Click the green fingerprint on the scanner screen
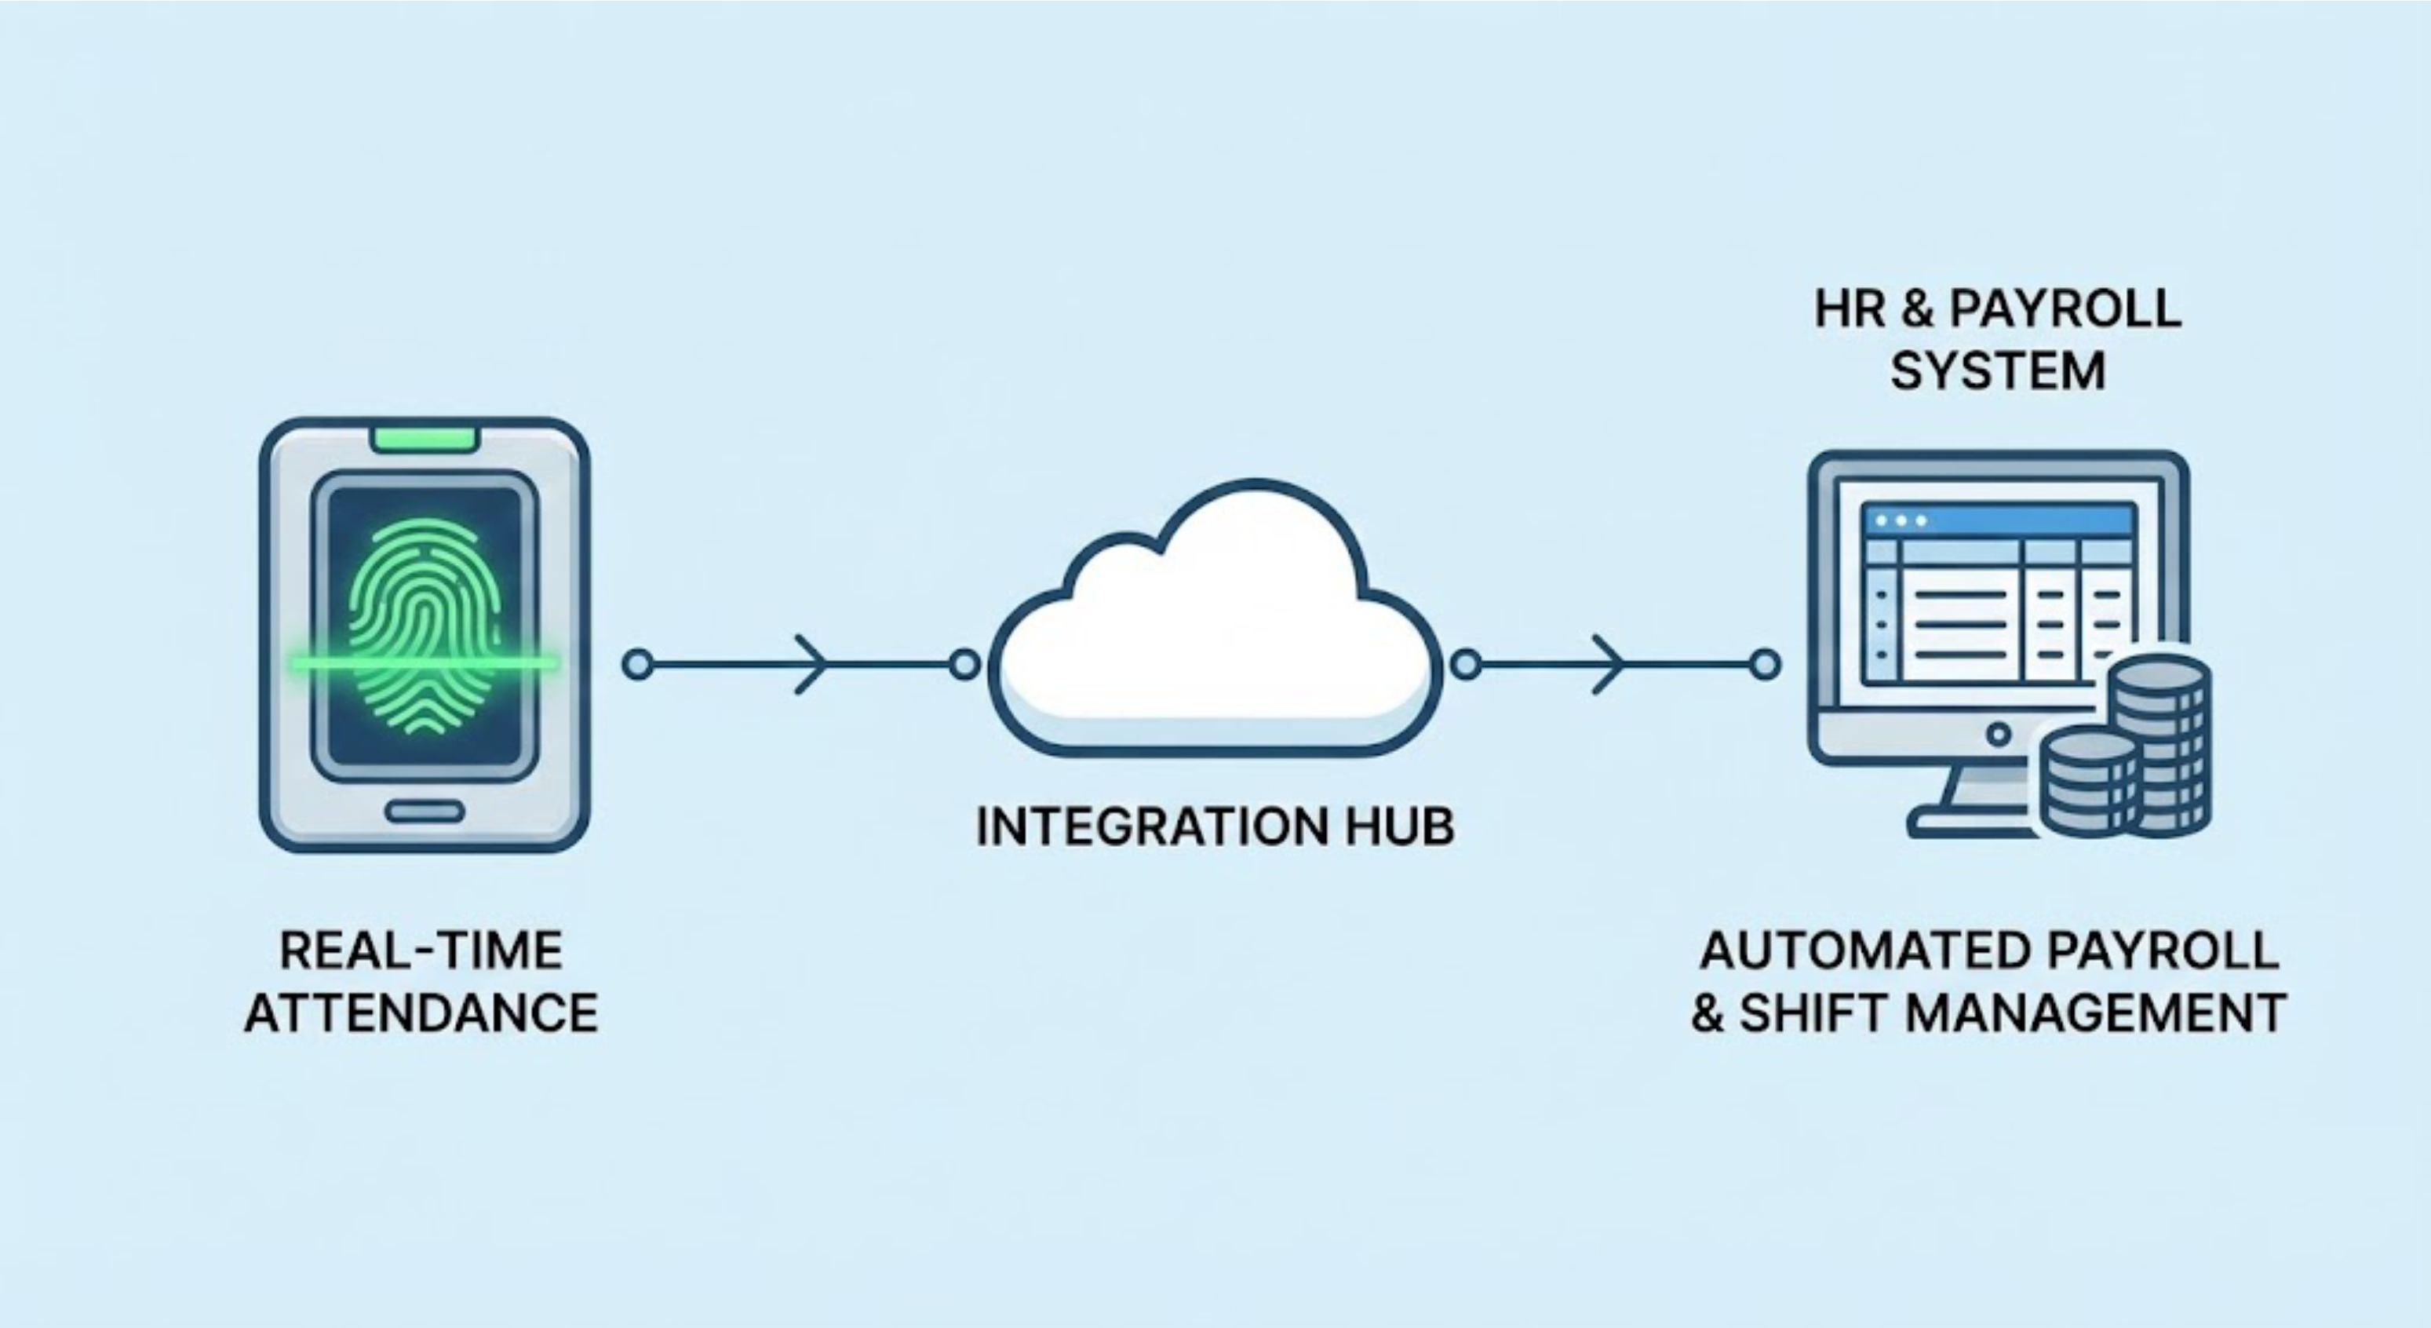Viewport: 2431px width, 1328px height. click(x=424, y=623)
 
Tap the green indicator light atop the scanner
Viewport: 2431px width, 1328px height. click(x=424, y=439)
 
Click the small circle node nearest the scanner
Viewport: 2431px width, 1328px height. click(x=638, y=665)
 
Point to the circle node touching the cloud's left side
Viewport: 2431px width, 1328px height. click(x=964, y=665)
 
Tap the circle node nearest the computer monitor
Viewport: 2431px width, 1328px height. click(x=1765, y=665)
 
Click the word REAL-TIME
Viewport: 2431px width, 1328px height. click(x=421, y=950)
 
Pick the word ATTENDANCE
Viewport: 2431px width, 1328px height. click(x=421, y=1012)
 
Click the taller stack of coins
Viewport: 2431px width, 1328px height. click(x=2161, y=746)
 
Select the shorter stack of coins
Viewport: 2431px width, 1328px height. click(x=2087, y=782)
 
